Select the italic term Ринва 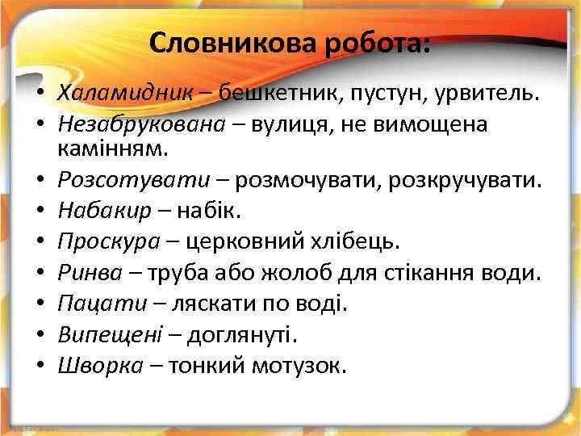[86, 273]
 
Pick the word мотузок [299, 365]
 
